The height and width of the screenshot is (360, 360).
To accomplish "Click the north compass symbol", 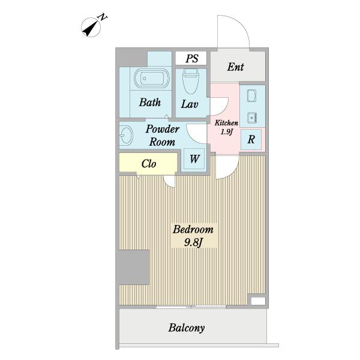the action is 91,27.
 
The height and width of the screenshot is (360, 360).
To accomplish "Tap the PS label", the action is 192,58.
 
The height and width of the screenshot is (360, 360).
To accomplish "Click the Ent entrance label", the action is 236,67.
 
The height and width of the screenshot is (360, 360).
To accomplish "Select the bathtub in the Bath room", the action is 152,78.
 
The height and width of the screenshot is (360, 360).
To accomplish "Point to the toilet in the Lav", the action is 191,81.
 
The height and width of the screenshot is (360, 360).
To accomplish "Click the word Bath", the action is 150,103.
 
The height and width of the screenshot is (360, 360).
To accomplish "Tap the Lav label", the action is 190,104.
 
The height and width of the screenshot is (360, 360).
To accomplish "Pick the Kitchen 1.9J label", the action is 226,127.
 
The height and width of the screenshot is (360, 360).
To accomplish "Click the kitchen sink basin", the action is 252,118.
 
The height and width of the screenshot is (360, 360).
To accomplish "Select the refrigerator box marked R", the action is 251,139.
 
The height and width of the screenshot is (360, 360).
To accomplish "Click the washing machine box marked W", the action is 194,159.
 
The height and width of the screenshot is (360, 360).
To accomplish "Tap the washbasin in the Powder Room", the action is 126,136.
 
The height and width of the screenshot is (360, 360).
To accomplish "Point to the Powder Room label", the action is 163,136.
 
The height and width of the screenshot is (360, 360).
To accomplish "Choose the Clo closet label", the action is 149,164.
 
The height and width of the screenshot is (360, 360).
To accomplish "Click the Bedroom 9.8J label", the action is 193,236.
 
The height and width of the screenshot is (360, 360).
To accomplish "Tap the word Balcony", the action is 187,328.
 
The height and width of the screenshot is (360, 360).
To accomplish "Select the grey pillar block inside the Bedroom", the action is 134,267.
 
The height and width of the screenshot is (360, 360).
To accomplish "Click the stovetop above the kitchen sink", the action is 252,96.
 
